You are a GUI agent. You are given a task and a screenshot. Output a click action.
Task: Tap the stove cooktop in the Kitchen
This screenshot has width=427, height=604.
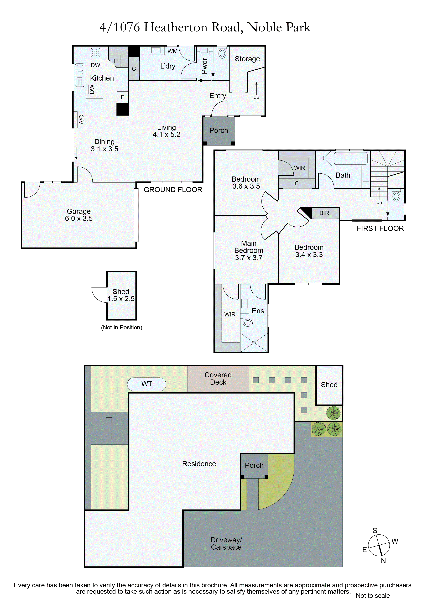coord(96,52)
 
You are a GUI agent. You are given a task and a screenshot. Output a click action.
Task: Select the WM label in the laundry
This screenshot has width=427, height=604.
coord(172,51)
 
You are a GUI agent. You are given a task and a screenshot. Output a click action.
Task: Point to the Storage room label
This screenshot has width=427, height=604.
coord(247,59)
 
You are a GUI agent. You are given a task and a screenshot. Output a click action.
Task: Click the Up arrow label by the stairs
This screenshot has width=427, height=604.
coord(256,97)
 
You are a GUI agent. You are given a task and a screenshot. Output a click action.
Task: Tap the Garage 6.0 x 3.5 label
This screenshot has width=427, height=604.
coord(79,215)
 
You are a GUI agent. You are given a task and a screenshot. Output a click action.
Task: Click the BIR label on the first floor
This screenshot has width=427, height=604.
coord(324,213)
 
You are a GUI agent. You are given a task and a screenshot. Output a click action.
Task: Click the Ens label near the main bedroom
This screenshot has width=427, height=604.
coord(258,311)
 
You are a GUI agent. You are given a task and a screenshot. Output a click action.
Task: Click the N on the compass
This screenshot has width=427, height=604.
coord(383,561)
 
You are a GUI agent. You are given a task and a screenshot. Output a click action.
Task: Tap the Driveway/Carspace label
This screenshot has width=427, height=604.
coord(226,544)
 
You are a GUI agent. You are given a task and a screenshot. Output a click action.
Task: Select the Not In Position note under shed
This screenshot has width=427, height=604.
coord(122,327)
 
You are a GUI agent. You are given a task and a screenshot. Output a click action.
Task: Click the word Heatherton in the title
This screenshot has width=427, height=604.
coord(176,27)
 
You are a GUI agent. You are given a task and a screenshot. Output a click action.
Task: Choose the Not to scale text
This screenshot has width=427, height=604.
coord(373,595)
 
